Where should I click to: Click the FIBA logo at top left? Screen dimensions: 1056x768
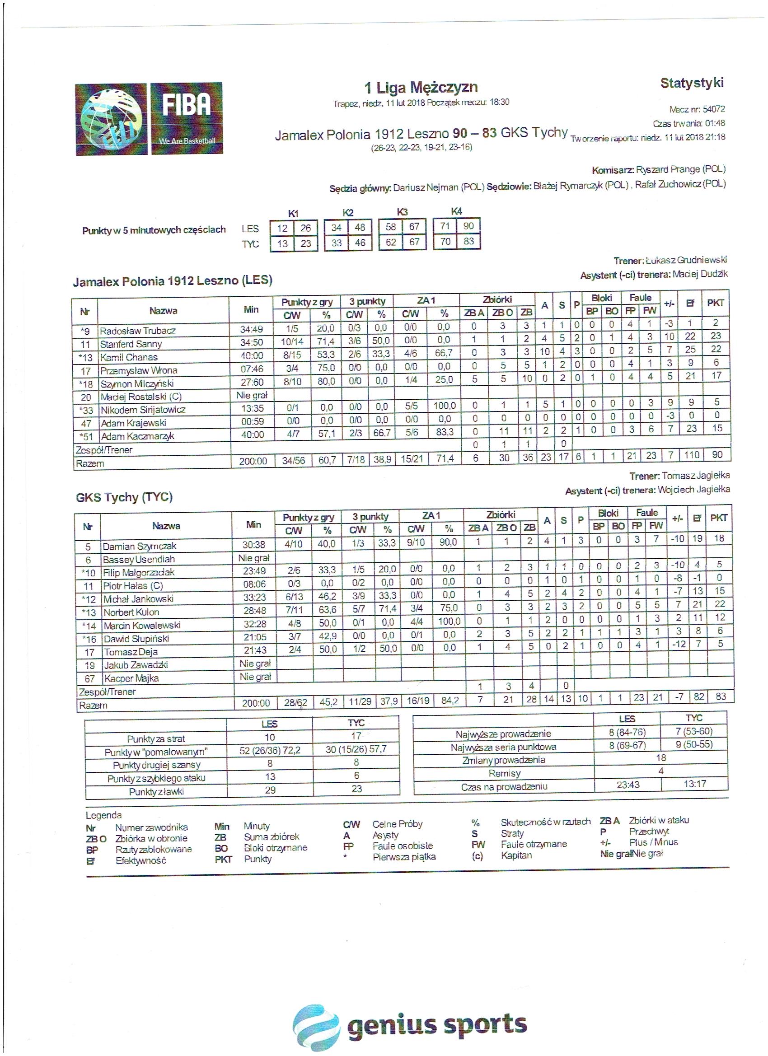pyautogui.click(x=149, y=119)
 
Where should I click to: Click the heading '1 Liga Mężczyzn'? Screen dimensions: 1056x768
pyautogui.click(x=421, y=88)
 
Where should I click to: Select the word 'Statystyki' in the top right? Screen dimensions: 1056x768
pyautogui.click(x=692, y=84)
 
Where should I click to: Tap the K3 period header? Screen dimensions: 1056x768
pyautogui.click(x=402, y=212)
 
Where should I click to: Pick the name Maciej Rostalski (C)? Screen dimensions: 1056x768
pyautogui.click(x=140, y=397)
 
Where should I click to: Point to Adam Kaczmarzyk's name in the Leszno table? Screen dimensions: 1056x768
pyautogui.click(x=137, y=436)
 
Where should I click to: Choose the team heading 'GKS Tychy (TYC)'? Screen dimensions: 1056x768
pyautogui.click(x=124, y=497)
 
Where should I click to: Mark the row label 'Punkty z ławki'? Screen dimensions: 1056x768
pyautogui.click(x=156, y=791)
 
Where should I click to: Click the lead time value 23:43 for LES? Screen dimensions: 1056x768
pyautogui.click(x=628, y=785)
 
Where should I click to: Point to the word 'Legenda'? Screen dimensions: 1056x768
pyautogui.click(x=103, y=815)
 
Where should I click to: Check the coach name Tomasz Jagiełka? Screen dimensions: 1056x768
pyautogui.click(x=695, y=476)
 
